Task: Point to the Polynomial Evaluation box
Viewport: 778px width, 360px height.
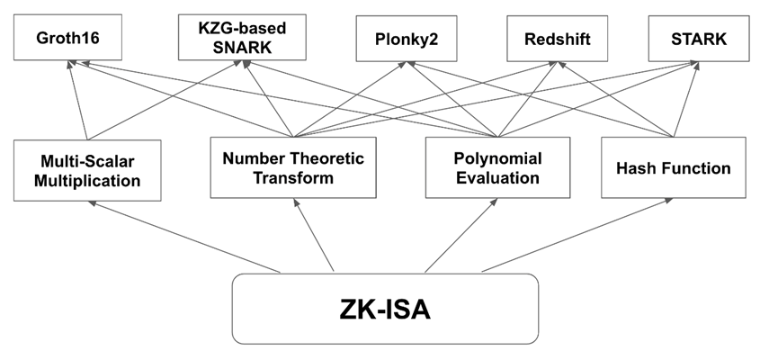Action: [496, 167]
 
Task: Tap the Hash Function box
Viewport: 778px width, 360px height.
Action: [673, 167]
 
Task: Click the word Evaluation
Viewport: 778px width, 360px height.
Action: [496, 177]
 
